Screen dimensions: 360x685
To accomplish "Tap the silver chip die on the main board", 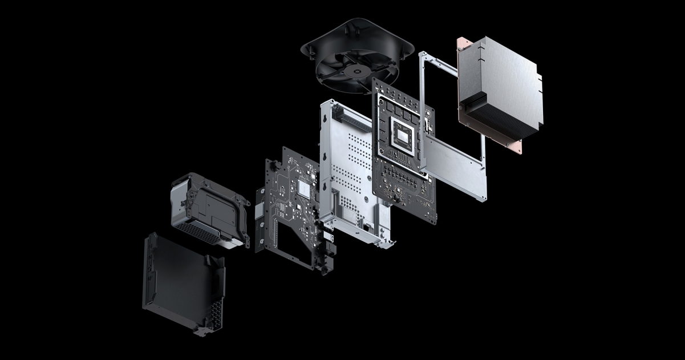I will [404, 135].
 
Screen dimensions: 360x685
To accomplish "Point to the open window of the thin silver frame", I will [451, 103].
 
